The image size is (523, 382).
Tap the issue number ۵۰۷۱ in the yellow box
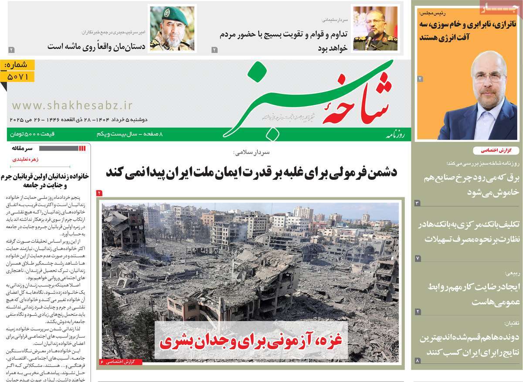(18, 77)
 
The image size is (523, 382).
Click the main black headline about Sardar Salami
(251, 172)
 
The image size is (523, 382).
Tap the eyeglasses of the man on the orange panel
(489, 75)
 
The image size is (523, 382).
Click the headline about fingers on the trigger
(96, 45)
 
